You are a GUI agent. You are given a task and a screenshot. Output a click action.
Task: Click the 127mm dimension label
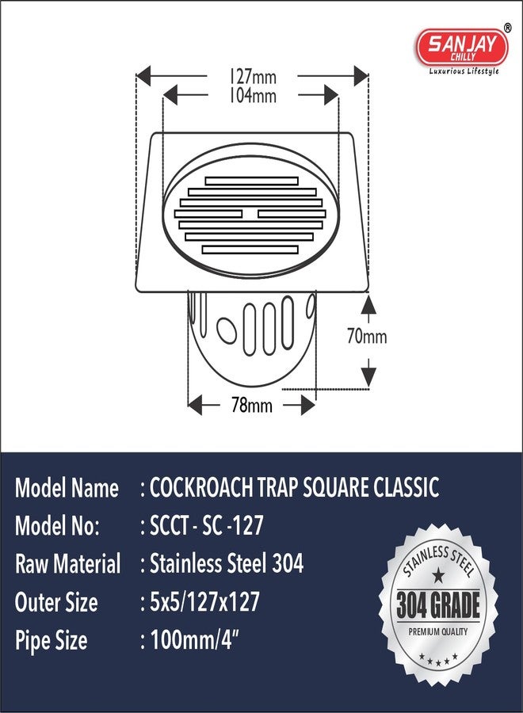point(254,77)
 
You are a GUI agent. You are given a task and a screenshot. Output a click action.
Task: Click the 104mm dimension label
point(254,95)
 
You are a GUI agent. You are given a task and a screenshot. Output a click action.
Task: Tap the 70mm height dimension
point(366,337)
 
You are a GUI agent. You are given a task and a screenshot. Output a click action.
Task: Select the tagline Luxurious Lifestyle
point(463,71)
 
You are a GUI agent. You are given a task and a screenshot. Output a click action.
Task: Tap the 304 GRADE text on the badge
point(438,606)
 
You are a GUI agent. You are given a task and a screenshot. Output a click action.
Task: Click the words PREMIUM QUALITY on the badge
point(438,631)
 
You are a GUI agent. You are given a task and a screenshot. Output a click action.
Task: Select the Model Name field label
point(67,488)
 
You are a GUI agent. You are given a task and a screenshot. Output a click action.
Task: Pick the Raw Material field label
point(68,564)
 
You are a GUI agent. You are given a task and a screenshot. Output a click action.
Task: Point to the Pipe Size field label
point(52,640)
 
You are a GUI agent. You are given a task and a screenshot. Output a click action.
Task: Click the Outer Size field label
point(56,603)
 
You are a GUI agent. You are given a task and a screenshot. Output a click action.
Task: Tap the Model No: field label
point(57,526)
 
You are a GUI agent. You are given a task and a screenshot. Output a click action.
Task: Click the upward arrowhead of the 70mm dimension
point(366,302)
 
